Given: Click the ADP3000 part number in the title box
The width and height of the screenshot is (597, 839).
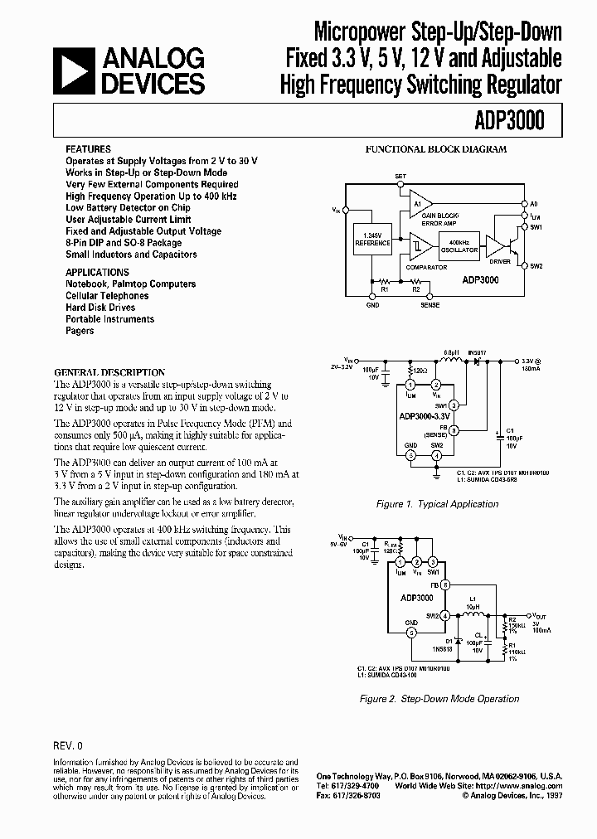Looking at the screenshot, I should pos(512,120).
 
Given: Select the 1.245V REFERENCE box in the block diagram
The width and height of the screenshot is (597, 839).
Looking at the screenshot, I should pos(371,240).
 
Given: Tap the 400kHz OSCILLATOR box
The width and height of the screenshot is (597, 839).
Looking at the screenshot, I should pos(458,245).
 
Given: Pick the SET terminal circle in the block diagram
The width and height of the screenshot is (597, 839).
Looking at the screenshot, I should pos(400,184).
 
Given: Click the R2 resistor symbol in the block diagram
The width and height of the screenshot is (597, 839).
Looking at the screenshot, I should pos(415,282).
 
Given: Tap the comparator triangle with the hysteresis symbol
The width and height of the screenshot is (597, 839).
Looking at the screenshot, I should pos(419,245).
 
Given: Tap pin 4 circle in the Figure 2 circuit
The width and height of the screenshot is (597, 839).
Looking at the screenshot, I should pos(445,614).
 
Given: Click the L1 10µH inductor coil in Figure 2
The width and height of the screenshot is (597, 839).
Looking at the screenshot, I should pos(474,615).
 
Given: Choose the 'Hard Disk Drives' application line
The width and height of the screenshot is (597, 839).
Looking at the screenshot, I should pos(100,308).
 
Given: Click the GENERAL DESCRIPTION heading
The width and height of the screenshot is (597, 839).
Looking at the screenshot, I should pos(109,373).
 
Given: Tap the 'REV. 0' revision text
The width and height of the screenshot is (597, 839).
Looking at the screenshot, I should pos(69,744).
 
